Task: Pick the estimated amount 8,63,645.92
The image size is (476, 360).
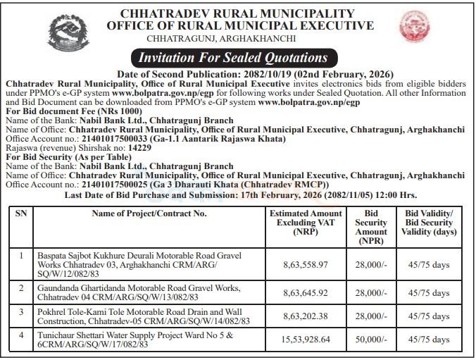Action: click(305, 292)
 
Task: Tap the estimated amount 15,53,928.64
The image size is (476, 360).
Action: click(305, 338)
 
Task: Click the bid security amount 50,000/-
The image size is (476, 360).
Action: click(370, 338)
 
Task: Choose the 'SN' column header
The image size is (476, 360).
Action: click(21, 213)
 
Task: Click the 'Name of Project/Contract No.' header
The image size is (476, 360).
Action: click(149, 213)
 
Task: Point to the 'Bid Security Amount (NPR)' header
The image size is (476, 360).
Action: click(370, 226)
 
